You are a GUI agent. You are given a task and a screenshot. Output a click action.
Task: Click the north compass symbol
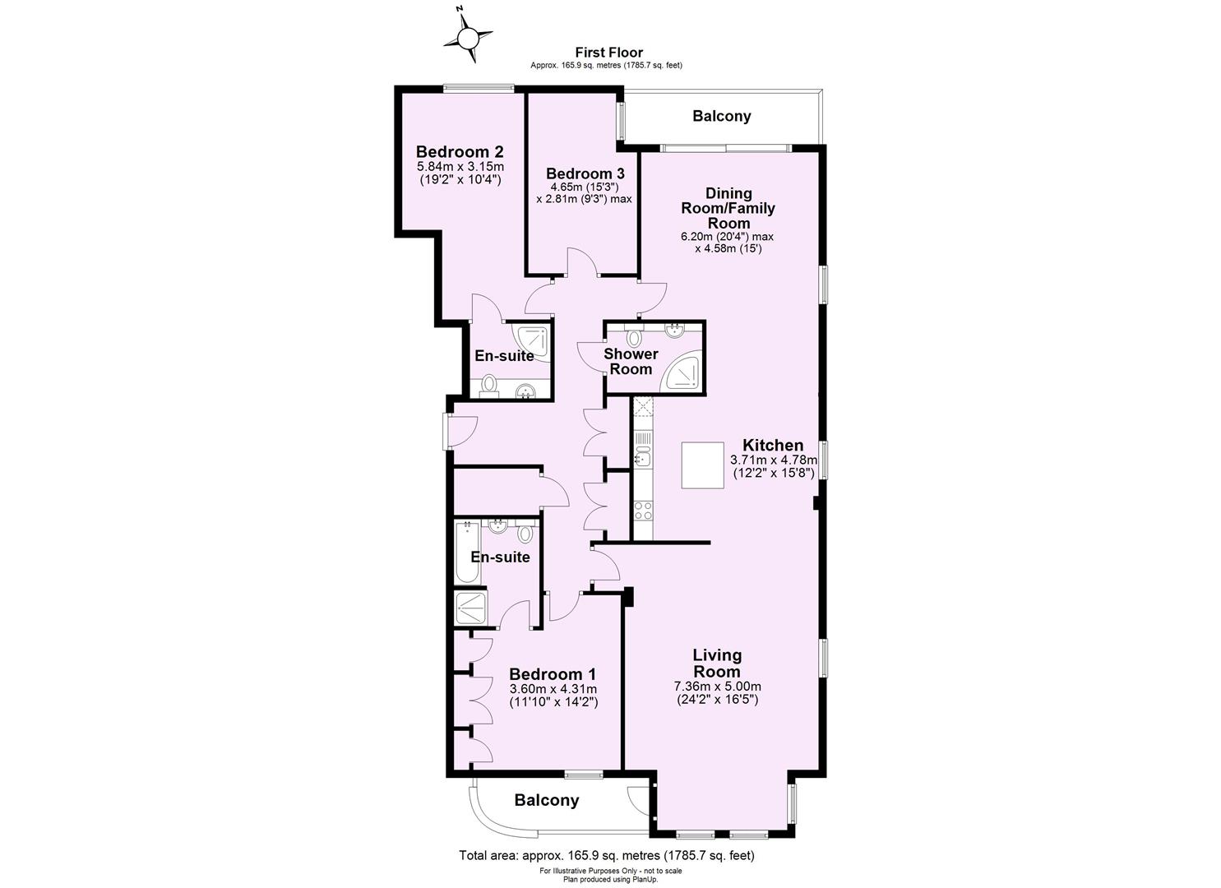point(468,37)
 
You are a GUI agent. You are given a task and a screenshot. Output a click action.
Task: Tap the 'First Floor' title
point(608,53)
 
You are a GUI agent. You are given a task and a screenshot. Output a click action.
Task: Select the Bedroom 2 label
point(460,151)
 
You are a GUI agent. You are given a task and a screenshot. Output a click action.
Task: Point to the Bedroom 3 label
point(585,173)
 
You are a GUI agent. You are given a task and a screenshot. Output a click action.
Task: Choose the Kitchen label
point(773,445)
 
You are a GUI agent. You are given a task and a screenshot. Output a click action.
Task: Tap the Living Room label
point(717,663)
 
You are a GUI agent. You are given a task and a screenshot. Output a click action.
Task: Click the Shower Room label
point(631,361)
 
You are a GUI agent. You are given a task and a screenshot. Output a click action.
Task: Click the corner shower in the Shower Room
point(685,371)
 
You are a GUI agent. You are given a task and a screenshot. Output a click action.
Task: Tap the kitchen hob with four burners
point(643,509)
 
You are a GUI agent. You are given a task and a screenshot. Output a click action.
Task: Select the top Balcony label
point(721,116)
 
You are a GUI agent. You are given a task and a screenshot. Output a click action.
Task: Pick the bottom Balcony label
point(547,800)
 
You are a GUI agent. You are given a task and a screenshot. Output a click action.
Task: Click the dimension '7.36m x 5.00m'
point(717,687)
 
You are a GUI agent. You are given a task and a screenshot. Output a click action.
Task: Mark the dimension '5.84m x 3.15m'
point(460,167)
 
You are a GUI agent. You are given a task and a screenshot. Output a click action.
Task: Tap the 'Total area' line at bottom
point(606,855)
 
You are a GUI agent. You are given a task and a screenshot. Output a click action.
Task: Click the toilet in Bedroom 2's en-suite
point(489,384)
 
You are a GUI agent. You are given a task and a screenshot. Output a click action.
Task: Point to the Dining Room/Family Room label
point(728,208)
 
